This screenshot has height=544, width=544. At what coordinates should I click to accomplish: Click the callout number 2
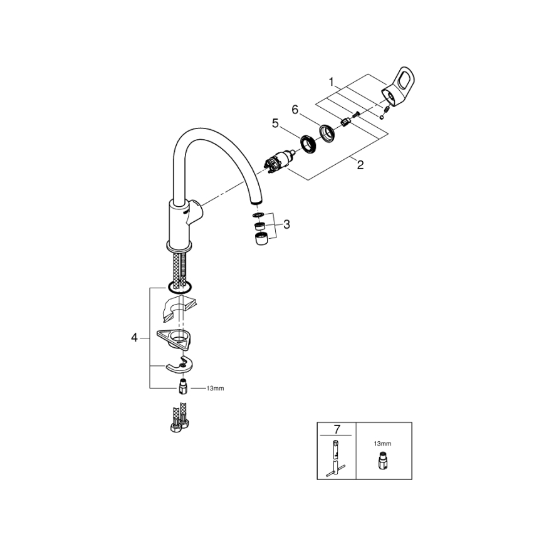pyautogui.click(x=360, y=165)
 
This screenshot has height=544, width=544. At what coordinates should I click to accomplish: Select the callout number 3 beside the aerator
pyautogui.click(x=286, y=224)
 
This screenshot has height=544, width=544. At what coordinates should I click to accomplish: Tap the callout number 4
pyautogui.click(x=134, y=337)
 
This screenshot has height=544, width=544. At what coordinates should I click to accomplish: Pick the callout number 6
pyautogui.click(x=295, y=110)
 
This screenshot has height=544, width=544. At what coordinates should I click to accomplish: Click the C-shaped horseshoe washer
pyautogui.click(x=178, y=365)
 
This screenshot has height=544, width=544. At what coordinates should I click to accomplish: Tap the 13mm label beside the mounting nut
pyautogui.click(x=214, y=389)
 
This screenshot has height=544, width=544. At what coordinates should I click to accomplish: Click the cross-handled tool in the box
pyautogui.click(x=336, y=458)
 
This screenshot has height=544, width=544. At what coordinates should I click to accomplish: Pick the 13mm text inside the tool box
pyautogui.click(x=382, y=443)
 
